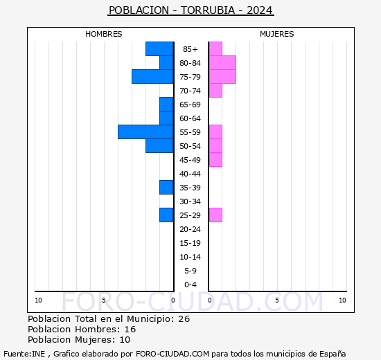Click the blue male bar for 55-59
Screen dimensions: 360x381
(x=145, y=132)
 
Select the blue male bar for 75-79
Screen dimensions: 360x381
(x=152, y=76)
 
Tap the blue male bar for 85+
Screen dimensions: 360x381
(x=159, y=48)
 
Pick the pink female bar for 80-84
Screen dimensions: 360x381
(x=222, y=62)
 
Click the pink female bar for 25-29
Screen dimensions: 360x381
(x=215, y=215)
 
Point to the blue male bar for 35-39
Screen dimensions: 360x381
(x=166, y=187)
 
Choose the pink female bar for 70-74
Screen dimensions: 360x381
(x=215, y=90)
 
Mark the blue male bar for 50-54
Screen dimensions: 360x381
(x=159, y=145)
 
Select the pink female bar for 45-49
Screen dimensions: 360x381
(x=215, y=159)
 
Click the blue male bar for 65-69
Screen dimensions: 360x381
(x=166, y=104)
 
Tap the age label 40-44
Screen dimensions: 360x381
(x=190, y=174)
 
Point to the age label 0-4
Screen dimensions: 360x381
(x=190, y=285)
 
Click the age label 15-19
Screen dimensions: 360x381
(x=190, y=243)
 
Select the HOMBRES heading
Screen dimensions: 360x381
(x=104, y=34)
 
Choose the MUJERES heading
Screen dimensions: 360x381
(x=277, y=34)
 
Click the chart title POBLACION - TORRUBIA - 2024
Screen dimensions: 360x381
(x=190, y=10)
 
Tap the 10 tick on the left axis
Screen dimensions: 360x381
(x=38, y=300)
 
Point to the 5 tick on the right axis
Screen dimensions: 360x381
(x=276, y=300)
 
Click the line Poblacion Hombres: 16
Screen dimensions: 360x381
(x=82, y=329)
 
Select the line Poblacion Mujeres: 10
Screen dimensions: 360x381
(x=79, y=339)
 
